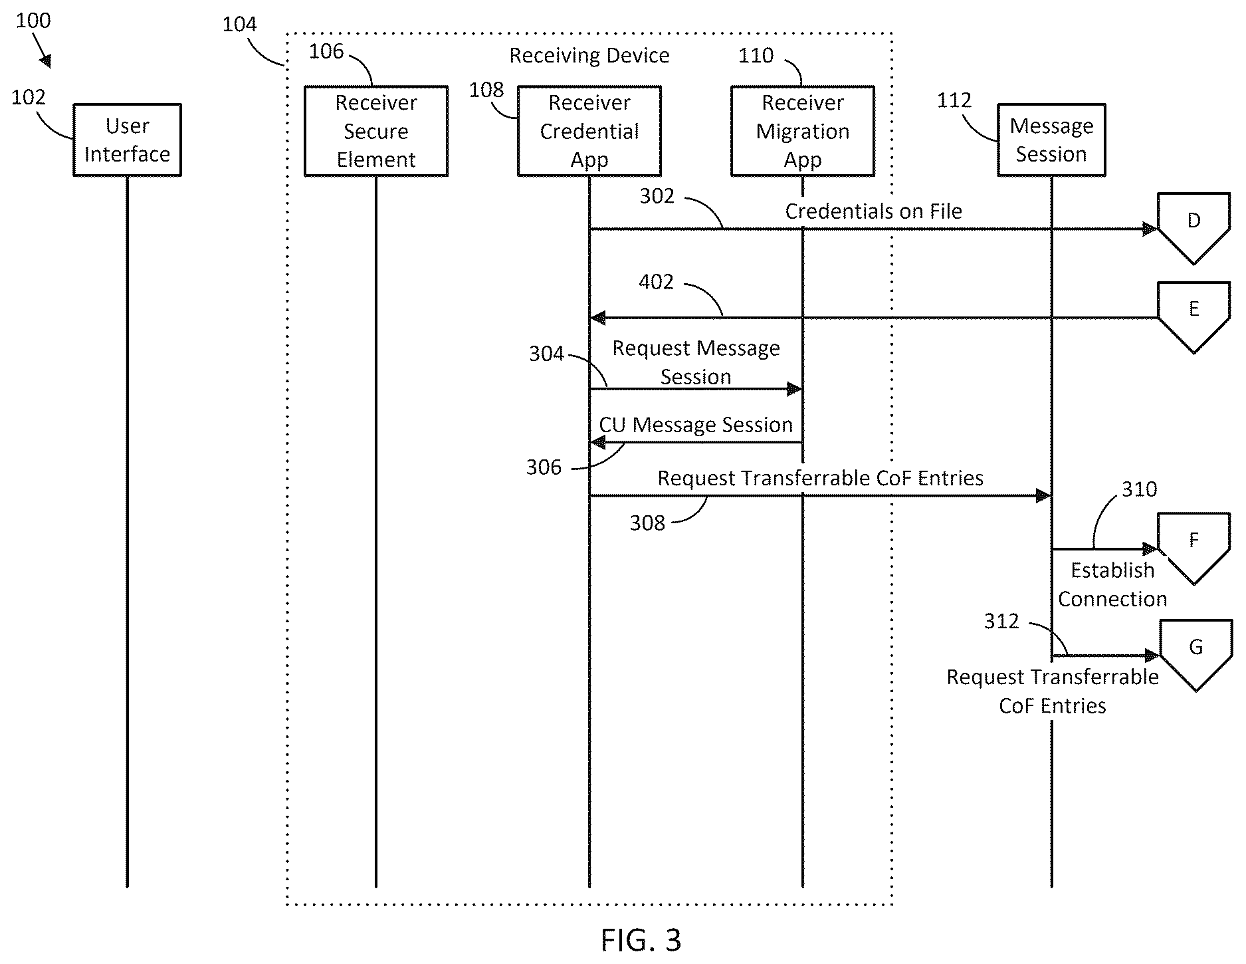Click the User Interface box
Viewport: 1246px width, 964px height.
pyautogui.click(x=127, y=140)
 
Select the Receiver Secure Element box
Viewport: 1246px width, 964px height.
pyautogui.click(x=376, y=131)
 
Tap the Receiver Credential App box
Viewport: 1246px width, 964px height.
pyautogui.click(x=589, y=131)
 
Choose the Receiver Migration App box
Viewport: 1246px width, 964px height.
pyautogui.click(x=803, y=131)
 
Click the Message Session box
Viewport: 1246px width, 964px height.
pyautogui.click(x=1051, y=140)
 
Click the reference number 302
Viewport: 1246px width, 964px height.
pyautogui.click(x=657, y=196)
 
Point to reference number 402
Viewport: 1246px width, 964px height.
pyautogui.click(x=656, y=283)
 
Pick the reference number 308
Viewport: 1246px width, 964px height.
pyautogui.click(x=647, y=523)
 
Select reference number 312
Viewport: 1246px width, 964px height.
pyautogui.click(x=1001, y=621)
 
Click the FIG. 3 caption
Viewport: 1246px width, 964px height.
pyautogui.click(x=641, y=940)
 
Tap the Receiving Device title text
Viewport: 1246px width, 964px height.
pyautogui.click(x=589, y=55)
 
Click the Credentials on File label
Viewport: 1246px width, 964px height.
pyautogui.click(x=873, y=211)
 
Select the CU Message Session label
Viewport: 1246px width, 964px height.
pyautogui.click(x=696, y=425)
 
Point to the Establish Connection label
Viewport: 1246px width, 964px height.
pyautogui.click(x=1112, y=584)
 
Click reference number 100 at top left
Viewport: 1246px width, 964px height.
pyautogui.click(x=33, y=21)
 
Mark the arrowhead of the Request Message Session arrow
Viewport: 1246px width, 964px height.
pyautogui.click(x=795, y=389)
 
